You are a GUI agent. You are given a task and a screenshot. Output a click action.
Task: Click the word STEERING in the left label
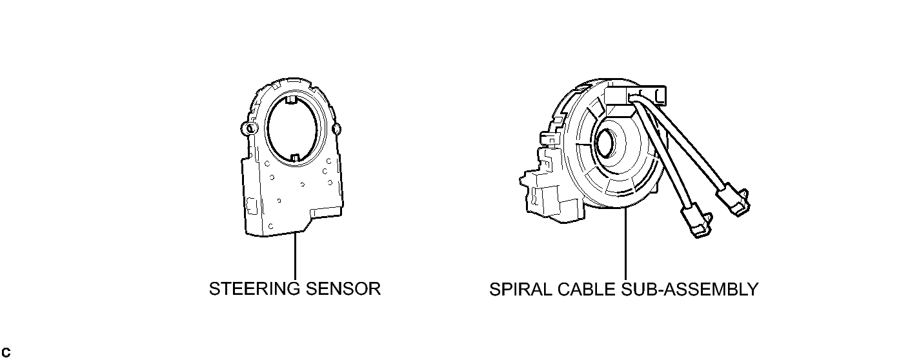pyautogui.click(x=255, y=288)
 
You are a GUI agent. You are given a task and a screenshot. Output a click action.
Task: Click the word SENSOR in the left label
pyautogui.click(x=343, y=288)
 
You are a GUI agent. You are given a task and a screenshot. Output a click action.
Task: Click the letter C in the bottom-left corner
pyautogui.click(x=6, y=352)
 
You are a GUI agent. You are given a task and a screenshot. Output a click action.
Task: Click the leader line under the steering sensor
pyautogui.click(x=295, y=256)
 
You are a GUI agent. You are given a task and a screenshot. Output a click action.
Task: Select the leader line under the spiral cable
pyautogui.click(x=625, y=244)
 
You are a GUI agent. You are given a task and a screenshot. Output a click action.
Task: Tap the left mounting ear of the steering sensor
pyautogui.click(x=249, y=128)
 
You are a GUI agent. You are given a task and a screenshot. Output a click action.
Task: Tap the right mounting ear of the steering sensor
pyautogui.click(x=336, y=129)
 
